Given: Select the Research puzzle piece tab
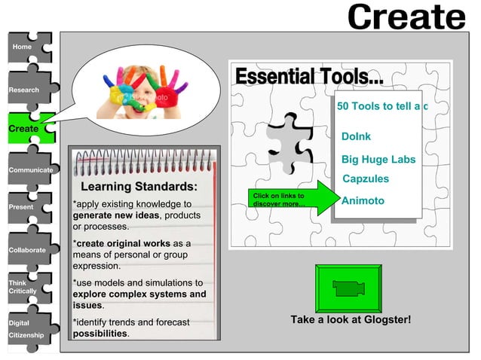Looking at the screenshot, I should [25, 90].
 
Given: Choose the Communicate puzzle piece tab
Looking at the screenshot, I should [28, 169].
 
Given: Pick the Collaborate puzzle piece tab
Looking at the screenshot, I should [26, 249].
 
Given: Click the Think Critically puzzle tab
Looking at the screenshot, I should [25, 287].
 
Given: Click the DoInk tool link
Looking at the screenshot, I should [356, 137].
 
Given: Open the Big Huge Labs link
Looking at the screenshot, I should [378, 160].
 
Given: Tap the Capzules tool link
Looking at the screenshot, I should [366, 179].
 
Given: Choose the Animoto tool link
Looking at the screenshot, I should [363, 201].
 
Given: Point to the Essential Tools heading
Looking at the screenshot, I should [309, 77].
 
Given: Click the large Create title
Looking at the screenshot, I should [406, 17].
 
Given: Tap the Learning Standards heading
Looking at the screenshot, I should [139, 187].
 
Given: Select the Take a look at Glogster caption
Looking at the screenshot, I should [351, 319].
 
